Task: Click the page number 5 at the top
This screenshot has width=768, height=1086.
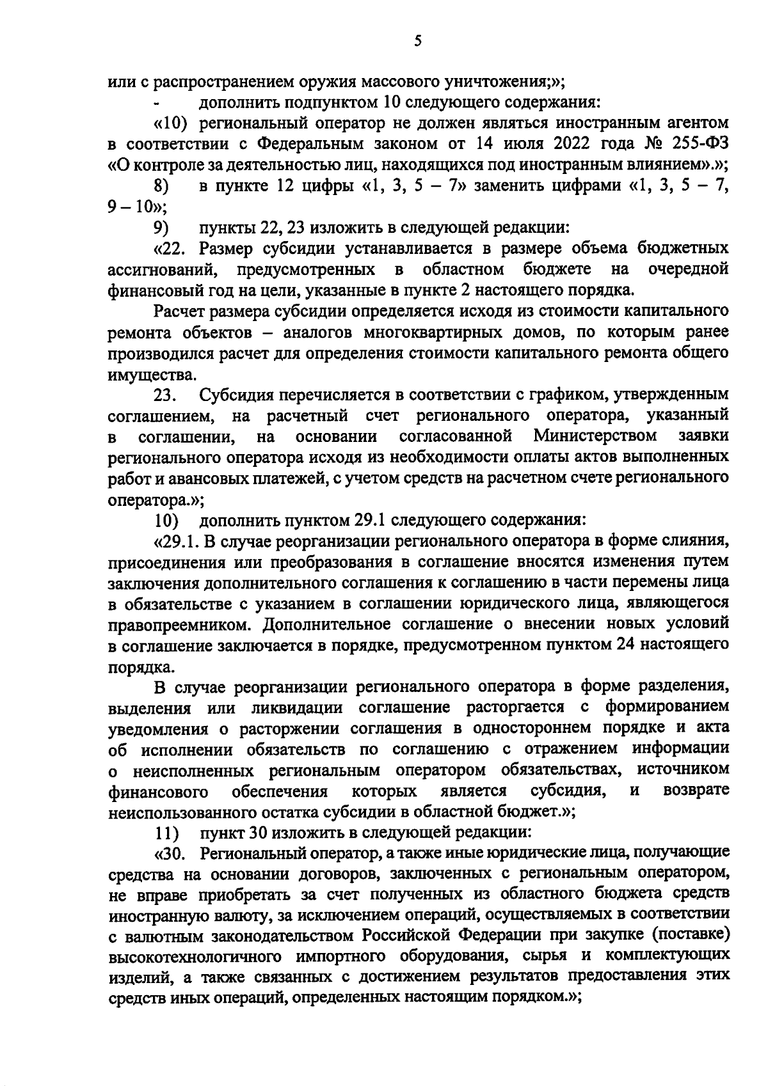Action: [417, 41]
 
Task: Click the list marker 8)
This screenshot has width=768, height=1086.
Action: [161, 186]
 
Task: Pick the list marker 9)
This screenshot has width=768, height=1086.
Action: [161, 228]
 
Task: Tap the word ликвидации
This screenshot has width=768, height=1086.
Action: [297, 708]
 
